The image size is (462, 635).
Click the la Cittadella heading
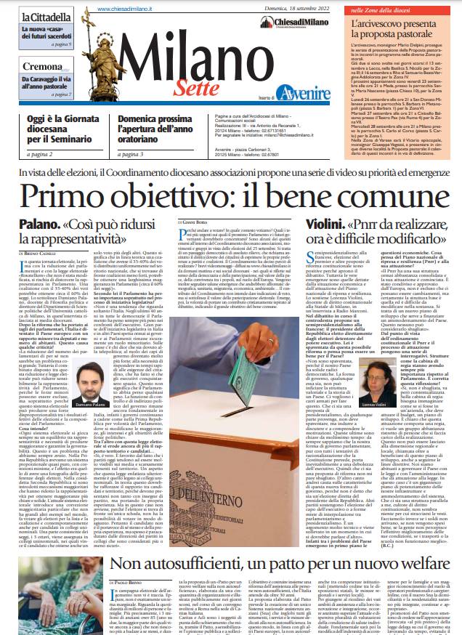click(45, 16)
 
